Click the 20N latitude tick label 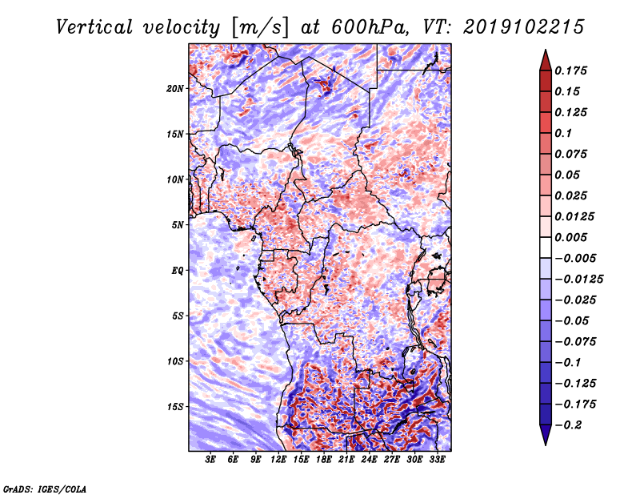tap(175, 89)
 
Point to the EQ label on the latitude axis tap(177, 271)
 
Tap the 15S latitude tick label tap(175, 407)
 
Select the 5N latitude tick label tap(178, 225)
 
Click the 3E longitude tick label tap(210, 460)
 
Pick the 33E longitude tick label tap(437, 460)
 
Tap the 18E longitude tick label tap(324, 460)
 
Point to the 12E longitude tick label tap(278, 460)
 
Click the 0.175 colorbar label tap(571, 71)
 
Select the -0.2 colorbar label tap(568, 425)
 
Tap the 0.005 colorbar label tap(571, 238)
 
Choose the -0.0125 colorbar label tap(579, 280)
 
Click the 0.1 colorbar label tap(563, 134)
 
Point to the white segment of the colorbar tap(546, 247)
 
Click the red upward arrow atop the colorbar tap(546, 60)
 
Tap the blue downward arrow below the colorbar tap(546, 435)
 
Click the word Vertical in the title tap(94, 27)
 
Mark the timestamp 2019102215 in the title tap(524, 27)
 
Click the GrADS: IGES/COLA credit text tap(45, 489)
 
